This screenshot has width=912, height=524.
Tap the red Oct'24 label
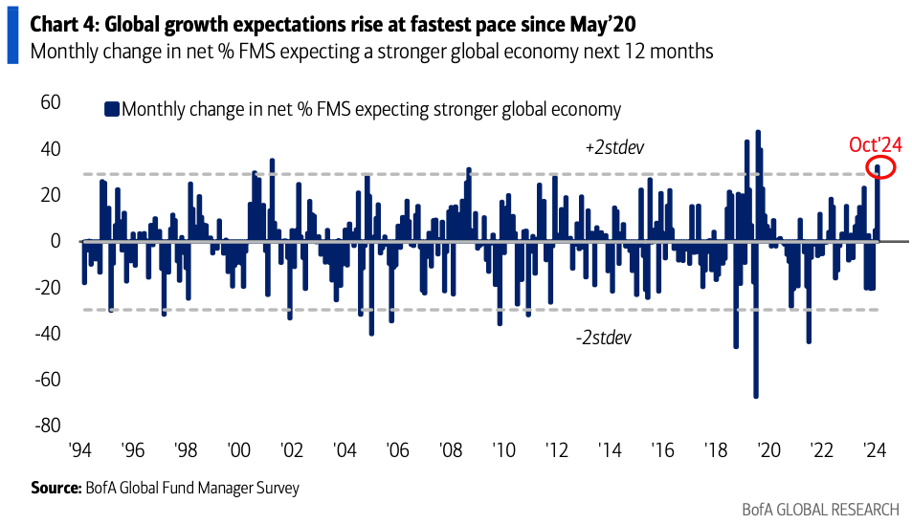876,145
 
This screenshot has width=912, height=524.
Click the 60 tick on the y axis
50,103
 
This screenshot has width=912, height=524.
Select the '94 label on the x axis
80,450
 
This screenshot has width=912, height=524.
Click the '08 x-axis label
449,450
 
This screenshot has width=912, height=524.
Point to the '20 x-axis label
767,450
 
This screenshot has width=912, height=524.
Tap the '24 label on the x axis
873,450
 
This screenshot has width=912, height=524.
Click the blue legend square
111,110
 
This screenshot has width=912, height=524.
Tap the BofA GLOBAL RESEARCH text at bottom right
820,509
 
